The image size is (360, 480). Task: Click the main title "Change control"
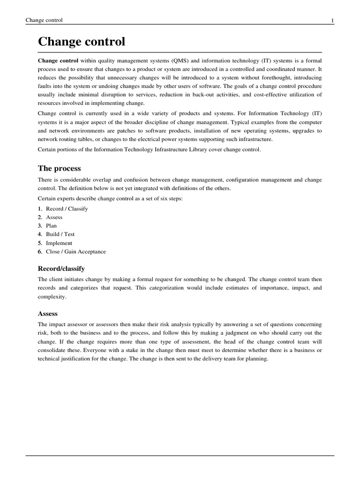82,42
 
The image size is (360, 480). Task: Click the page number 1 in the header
332,20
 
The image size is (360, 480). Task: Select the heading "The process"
59,168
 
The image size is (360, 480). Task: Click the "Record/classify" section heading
61,269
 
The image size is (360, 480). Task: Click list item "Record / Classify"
67,209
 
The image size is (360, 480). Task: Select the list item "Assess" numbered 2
54,217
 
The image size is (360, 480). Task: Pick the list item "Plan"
51,225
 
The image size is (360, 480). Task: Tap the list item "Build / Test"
60,234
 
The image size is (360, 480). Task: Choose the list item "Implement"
59,243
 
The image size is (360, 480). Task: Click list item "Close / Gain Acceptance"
75,251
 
